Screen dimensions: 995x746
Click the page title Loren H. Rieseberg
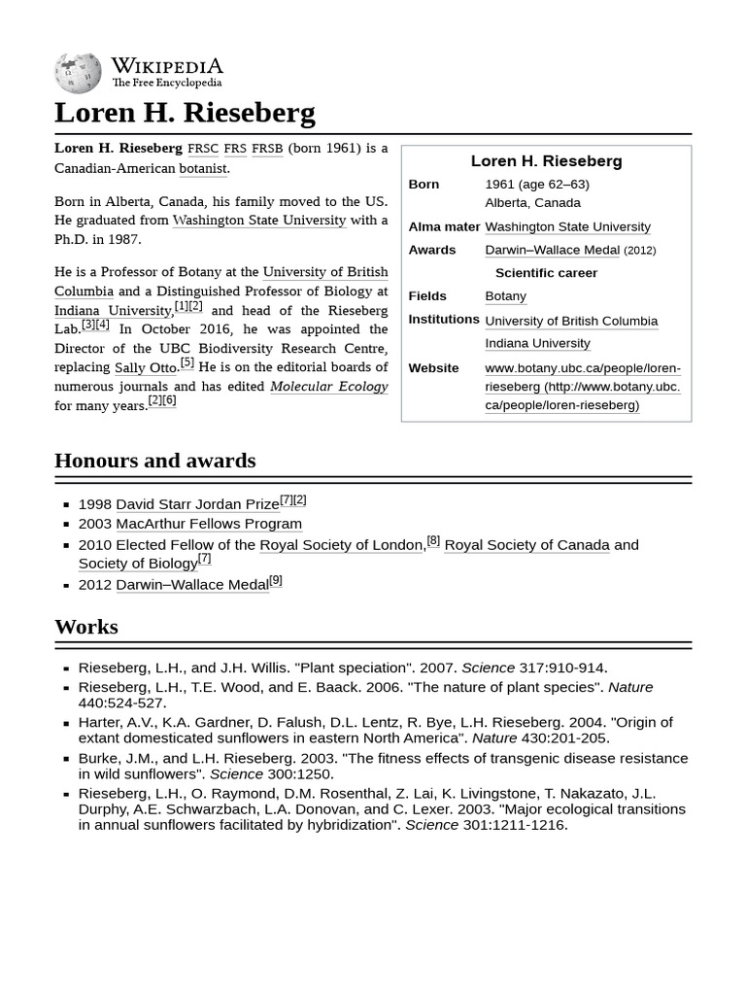[x=185, y=113]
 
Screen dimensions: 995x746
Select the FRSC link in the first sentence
[x=203, y=149]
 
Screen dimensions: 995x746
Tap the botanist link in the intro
[x=202, y=168]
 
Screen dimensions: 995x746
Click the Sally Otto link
[x=145, y=368]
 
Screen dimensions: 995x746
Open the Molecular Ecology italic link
[x=328, y=387]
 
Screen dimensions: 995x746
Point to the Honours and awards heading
[x=155, y=461]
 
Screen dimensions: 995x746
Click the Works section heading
[x=86, y=627]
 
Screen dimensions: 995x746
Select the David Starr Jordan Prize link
[x=197, y=504]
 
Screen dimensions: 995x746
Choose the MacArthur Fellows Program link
[x=209, y=524]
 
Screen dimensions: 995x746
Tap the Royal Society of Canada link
[x=526, y=545]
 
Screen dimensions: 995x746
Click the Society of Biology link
[x=138, y=564]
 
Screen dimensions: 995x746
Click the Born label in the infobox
[x=424, y=185]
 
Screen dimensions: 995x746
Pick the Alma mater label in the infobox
[x=444, y=226]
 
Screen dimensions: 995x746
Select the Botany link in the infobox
[x=505, y=296]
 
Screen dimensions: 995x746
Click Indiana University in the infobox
[x=537, y=343]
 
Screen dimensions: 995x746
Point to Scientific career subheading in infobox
[x=546, y=273]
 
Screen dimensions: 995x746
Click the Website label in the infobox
[x=433, y=368]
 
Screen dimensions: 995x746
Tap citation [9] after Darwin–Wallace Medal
[x=276, y=580]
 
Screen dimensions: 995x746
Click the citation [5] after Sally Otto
[x=186, y=363]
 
